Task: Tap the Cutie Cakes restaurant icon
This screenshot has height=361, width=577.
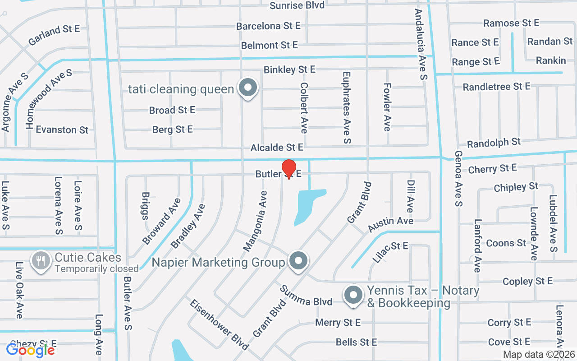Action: pyautogui.click(x=41, y=260)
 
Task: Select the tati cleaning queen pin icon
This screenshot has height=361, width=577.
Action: pyautogui.click(x=247, y=88)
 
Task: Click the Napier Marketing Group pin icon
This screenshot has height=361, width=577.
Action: pyautogui.click(x=298, y=260)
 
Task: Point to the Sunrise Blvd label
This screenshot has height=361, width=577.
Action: pyautogui.click(x=297, y=5)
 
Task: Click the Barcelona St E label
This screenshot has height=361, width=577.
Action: pyautogui.click(x=268, y=26)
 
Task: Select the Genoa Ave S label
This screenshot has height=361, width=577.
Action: pyautogui.click(x=458, y=178)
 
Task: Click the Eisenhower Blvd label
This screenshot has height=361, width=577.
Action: pyautogui.click(x=219, y=324)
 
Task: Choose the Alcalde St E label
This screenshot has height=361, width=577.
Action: pyautogui.click(x=277, y=148)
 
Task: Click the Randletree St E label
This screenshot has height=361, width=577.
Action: pyautogui.click(x=496, y=86)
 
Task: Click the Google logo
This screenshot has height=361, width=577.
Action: pyautogui.click(x=31, y=350)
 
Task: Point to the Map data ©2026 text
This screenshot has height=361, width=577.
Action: pyautogui.click(x=539, y=354)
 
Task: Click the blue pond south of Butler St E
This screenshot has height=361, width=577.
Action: pyautogui.click(x=309, y=205)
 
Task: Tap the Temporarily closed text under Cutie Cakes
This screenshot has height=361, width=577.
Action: pyautogui.click(x=96, y=269)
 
